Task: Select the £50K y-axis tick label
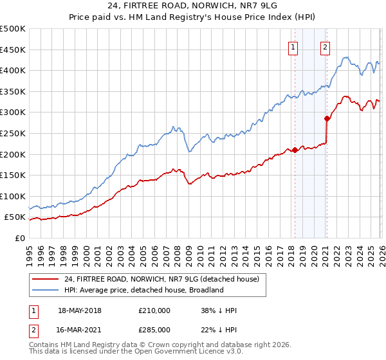[15, 217]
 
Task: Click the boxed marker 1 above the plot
[293, 46]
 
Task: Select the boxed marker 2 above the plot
[326, 46]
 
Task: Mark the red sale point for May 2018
[295, 150]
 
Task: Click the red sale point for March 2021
[327, 118]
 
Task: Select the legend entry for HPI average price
[142, 290]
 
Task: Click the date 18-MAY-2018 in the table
[80, 310]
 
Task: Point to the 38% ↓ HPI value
[219, 310]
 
